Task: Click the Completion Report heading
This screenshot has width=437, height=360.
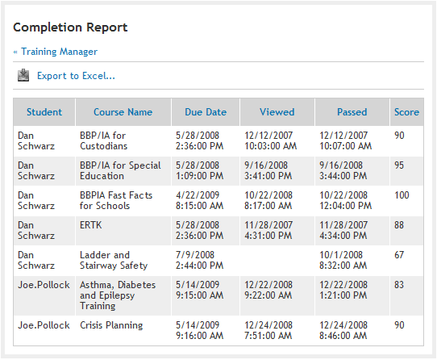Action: (70, 27)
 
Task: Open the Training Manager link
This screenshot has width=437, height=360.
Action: (59, 52)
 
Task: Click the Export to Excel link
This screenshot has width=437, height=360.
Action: (76, 76)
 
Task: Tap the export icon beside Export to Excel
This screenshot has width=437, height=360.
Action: (23, 76)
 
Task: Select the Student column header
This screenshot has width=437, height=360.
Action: (44, 112)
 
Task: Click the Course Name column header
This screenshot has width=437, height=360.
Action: (123, 112)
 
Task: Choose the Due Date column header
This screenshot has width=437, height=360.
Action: (206, 112)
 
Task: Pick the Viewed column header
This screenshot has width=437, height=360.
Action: (277, 112)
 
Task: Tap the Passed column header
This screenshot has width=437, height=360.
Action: (352, 112)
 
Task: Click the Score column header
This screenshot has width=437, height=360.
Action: (406, 112)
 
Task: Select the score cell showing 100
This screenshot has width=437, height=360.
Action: (402, 195)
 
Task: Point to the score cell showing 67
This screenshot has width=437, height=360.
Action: (399, 255)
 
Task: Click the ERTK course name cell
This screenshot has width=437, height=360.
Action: (90, 225)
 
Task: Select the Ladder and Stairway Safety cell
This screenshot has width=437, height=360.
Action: (114, 261)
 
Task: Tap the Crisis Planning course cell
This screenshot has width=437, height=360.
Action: (111, 325)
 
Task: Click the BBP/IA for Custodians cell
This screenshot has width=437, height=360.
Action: (103, 141)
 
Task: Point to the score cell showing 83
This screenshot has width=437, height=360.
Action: (399, 285)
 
